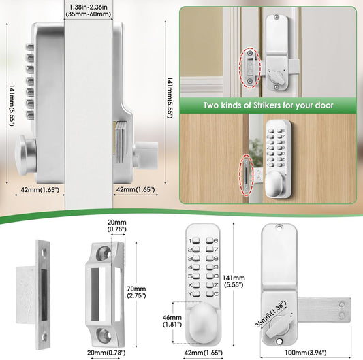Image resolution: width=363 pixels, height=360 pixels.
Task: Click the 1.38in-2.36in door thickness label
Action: pyautogui.click(x=89, y=10)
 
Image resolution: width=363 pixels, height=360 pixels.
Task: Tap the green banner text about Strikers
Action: pyautogui.click(x=268, y=105)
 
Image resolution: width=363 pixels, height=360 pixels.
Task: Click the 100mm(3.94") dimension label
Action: pyautogui.click(x=306, y=353)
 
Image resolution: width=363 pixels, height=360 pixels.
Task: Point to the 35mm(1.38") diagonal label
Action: pyautogui.click(x=271, y=314)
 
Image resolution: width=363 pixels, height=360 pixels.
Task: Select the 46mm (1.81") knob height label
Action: pyautogui.click(x=172, y=321)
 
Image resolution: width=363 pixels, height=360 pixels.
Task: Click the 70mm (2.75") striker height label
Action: pyautogui.click(x=136, y=292)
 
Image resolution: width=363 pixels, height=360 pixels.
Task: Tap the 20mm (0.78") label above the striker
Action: pyautogui.click(x=116, y=225)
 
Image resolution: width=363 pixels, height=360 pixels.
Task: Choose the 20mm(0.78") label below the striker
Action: pyautogui.click(x=106, y=353)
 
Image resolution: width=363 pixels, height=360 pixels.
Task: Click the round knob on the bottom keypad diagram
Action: pyautogui.click(x=202, y=323)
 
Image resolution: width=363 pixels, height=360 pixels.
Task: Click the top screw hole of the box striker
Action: pyautogui.click(x=103, y=252)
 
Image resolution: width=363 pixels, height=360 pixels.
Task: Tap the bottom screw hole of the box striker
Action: pyautogui.click(x=104, y=335)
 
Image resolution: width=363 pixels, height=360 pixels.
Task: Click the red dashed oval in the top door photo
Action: pyautogui.click(x=249, y=68)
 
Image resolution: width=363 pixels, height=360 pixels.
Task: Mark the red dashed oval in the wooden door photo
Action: pyautogui.click(x=246, y=175)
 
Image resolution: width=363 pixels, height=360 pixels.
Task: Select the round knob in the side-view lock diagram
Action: pyautogui.click(x=26, y=154)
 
